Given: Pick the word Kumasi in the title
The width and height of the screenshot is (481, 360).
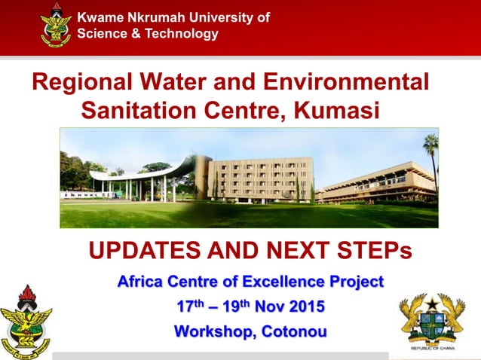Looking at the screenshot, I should point(334,111).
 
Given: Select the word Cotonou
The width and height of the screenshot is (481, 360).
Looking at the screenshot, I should point(292,331).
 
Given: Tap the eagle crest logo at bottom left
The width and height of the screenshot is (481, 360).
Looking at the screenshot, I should point(26,320).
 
